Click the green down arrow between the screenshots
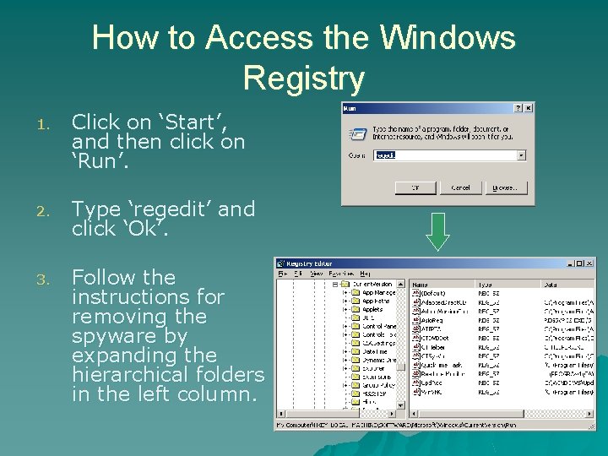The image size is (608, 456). (437, 231)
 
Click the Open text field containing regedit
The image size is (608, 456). (448, 155)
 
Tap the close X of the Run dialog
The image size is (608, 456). (528, 108)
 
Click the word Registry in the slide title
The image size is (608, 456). (303, 79)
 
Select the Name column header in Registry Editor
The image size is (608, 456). (421, 285)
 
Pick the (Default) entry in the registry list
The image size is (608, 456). (432, 294)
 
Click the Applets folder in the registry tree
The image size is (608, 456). (372, 310)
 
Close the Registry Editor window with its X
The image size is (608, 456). (589, 263)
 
